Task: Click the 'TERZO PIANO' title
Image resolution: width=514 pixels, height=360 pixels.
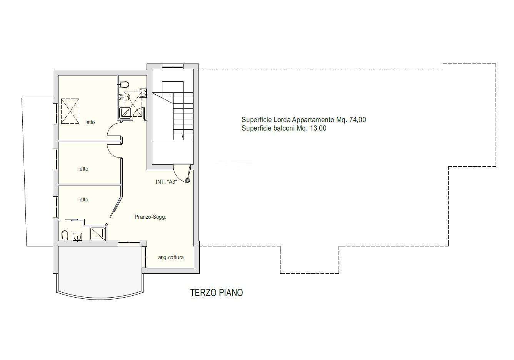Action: click(x=216, y=293)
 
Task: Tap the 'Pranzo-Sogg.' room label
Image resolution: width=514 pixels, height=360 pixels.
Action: click(x=150, y=217)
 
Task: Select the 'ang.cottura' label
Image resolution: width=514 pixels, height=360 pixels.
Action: click(x=171, y=257)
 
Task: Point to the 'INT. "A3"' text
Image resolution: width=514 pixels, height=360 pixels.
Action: click(x=166, y=182)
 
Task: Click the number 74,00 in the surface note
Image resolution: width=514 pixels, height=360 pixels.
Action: click(x=357, y=120)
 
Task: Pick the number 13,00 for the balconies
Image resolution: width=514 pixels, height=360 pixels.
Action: click(x=318, y=128)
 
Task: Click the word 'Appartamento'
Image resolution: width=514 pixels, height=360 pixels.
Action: click(x=313, y=120)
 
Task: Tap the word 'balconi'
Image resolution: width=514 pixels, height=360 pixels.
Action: click(x=284, y=128)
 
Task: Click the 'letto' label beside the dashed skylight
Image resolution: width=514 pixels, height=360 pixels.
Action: click(x=90, y=122)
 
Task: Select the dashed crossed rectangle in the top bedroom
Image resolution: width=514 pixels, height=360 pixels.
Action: click(x=70, y=111)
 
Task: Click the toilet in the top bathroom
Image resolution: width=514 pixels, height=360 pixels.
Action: click(x=124, y=84)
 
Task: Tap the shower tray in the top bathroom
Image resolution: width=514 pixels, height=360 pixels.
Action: click(x=125, y=113)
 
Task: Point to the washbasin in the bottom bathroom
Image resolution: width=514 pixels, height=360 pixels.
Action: click(x=77, y=237)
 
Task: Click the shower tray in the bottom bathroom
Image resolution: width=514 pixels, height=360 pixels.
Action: click(x=98, y=234)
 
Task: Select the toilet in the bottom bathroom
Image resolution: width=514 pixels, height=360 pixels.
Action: click(x=65, y=236)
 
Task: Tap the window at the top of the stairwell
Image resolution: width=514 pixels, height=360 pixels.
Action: click(x=173, y=67)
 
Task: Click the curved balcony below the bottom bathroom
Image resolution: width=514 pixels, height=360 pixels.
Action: click(x=100, y=272)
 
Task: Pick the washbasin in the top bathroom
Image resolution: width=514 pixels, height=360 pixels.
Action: click(x=143, y=93)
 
